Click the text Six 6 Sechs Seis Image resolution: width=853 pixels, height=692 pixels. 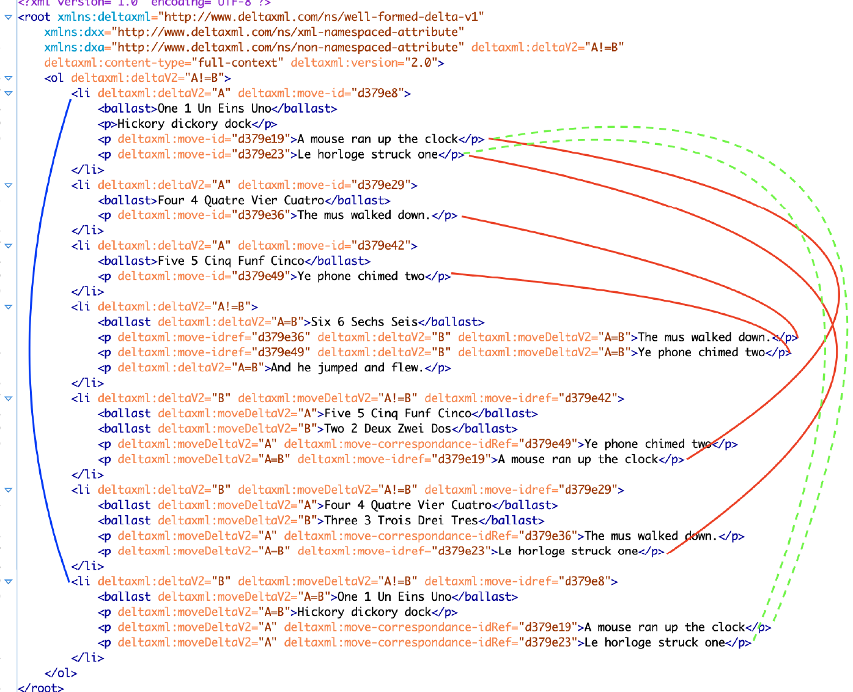(364, 322)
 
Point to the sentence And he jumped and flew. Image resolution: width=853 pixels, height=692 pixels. (347, 368)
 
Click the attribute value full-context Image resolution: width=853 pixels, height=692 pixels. (237, 62)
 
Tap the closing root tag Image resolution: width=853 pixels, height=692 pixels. (40, 687)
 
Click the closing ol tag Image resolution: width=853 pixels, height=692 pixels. (61, 673)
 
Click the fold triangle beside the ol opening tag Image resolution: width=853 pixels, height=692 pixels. (9, 78)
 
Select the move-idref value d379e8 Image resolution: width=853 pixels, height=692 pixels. (588, 581)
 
